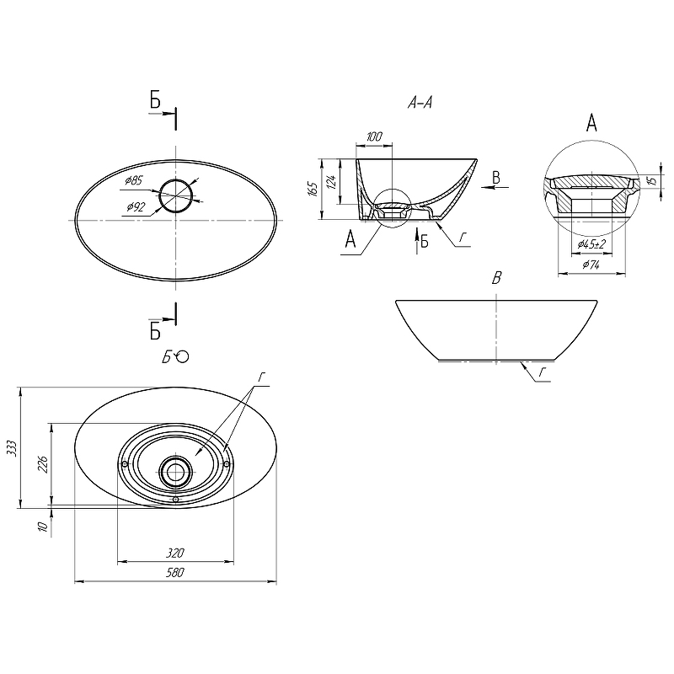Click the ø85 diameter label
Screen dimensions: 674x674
click(x=134, y=180)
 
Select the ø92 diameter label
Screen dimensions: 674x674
click(x=136, y=207)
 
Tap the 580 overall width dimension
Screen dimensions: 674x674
click(x=175, y=573)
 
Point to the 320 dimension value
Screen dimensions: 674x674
click(x=175, y=553)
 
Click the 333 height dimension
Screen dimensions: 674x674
click(x=13, y=448)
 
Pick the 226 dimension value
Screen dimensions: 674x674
click(x=43, y=464)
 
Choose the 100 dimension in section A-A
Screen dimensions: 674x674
click(x=374, y=136)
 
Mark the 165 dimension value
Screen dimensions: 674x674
click(x=313, y=189)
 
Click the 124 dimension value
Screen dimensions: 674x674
click(x=331, y=180)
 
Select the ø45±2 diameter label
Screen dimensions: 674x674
click(x=591, y=244)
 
